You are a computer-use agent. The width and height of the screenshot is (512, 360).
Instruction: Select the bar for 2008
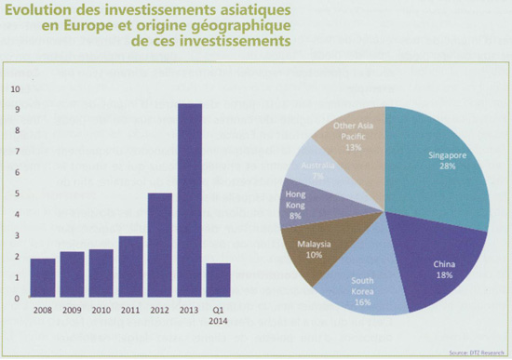(43, 278)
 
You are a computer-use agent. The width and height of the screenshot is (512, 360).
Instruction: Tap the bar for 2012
(160, 246)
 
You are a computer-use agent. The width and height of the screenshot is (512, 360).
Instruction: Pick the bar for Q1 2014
(219, 280)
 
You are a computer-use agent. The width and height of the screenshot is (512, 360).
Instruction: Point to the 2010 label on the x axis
(101, 310)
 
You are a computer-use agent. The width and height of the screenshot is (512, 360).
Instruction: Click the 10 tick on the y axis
(14, 90)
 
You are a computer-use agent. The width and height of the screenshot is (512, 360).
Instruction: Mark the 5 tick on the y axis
(14, 194)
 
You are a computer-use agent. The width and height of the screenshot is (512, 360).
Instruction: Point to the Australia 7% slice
(321, 172)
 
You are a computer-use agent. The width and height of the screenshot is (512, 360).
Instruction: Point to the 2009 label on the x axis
(72, 310)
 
